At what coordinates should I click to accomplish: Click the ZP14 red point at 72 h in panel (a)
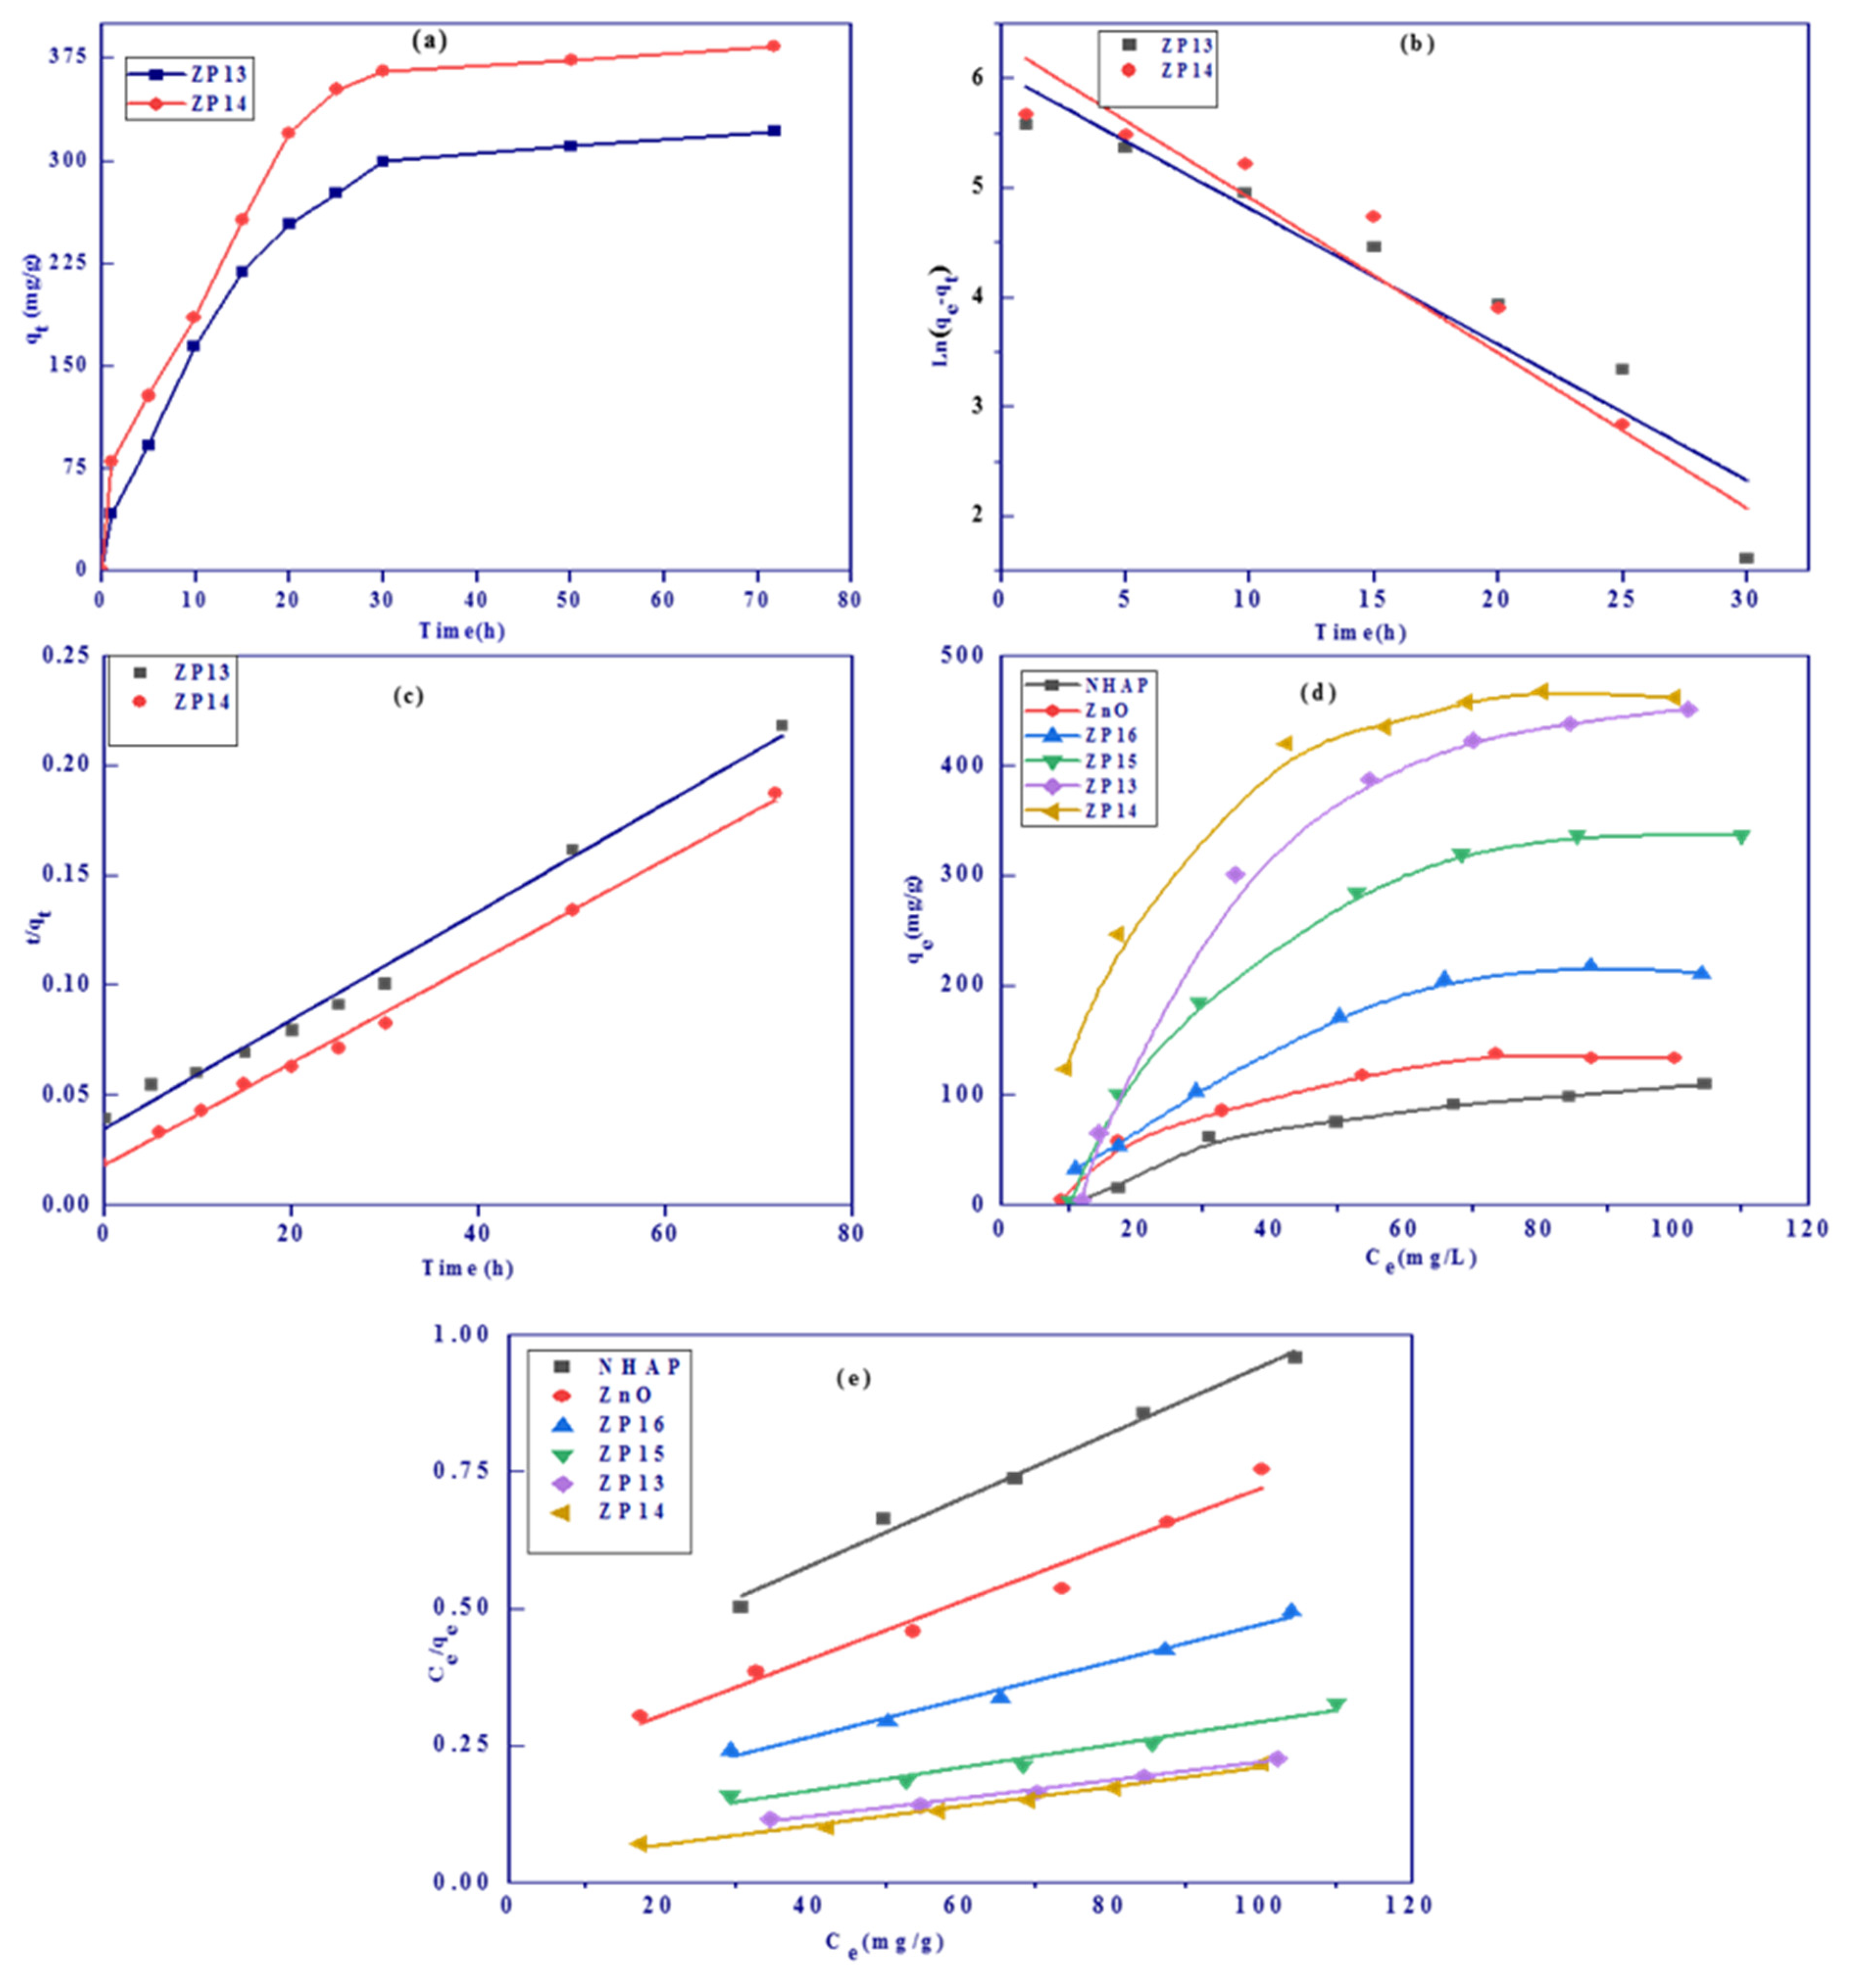click(x=773, y=46)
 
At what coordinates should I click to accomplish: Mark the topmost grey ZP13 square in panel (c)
click(x=781, y=725)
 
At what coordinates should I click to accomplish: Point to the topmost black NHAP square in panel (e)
click(x=1295, y=1357)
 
